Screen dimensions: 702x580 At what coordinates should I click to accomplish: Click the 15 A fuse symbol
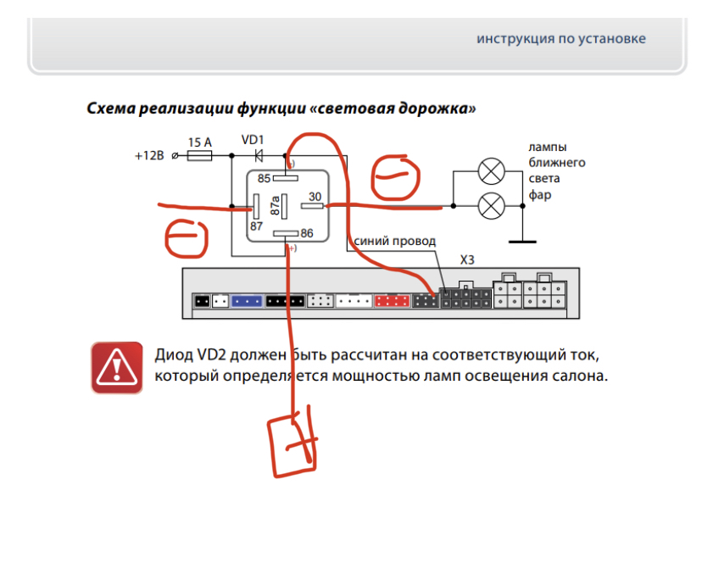click(199, 156)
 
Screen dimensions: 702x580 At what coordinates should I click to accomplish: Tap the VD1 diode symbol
click(259, 156)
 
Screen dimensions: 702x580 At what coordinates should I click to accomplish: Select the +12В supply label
click(149, 156)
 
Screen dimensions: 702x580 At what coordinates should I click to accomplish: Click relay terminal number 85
click(264, 179)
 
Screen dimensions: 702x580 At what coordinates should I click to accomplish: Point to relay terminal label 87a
click(275, 205)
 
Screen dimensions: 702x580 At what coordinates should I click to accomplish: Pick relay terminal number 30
click(315, 197)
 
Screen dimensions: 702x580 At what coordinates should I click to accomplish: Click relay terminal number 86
click(307, 233)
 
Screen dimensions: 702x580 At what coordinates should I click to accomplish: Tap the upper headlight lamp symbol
click(491, 171)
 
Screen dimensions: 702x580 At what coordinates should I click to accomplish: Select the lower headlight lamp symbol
click(491, 206)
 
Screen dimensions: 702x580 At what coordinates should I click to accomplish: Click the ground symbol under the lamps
click(522, 242)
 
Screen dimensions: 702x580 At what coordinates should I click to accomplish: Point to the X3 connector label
click(467, 259)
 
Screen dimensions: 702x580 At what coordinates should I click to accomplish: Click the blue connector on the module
click(247, 301)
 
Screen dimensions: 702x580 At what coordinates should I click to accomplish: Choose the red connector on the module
click(392, 300)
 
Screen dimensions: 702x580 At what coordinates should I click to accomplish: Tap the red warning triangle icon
click(117, 368)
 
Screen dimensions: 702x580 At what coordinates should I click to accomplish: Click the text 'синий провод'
click(394, 241)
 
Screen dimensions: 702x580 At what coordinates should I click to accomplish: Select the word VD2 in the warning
click(211, 354)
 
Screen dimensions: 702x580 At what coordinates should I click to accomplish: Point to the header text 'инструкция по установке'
click(561, 39)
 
